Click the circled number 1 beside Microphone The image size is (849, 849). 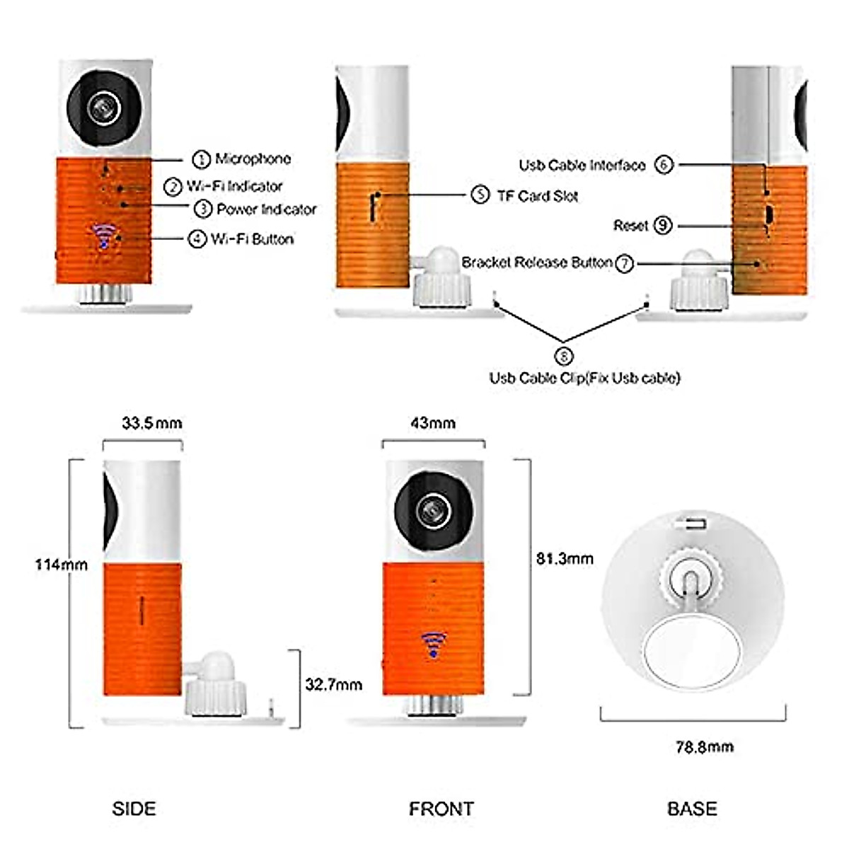pos(202,159)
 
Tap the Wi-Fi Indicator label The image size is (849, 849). pos(234,187)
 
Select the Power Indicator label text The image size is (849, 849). pos(266,209)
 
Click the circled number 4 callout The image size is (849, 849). pos(197,239)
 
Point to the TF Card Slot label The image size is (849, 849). pos(537,196)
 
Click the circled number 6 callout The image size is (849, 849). pos(664,165)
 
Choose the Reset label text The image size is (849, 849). pos(630,226)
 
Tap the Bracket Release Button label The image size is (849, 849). pos(536,262)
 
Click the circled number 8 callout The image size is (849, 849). pos(563,355)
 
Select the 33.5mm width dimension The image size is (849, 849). pos(151,423)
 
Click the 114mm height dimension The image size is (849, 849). pos(62,565)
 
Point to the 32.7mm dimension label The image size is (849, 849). pos(333,685)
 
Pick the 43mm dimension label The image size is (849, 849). pos(433,423)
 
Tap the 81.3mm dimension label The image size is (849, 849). pos(565,559)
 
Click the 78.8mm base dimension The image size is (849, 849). pos(704,746)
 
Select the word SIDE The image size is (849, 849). pos(134,809)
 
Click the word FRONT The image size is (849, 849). pos(441,809)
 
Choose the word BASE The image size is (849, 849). pos(692,809)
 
